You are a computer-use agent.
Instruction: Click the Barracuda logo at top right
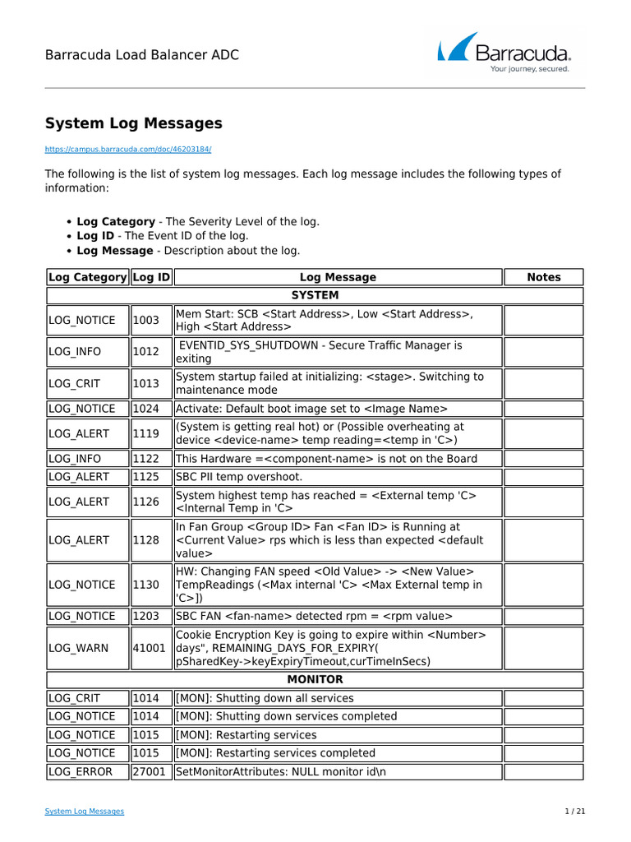point(504,53)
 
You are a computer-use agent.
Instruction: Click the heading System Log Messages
point(133,123)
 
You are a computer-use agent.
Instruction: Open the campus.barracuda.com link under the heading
point(128,150)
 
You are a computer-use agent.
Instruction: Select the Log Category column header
point(88,277)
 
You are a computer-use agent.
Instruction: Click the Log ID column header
point(151,277)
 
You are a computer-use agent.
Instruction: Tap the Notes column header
point(543,277)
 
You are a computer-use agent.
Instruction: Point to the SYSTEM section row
point(315,295)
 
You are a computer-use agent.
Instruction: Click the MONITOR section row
point(315,680)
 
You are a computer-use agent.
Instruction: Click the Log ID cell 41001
point(150,648)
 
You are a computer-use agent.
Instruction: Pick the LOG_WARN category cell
point(78,648)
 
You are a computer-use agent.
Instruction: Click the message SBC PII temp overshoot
point(239,477)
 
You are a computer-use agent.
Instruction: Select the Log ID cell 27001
point(150,771)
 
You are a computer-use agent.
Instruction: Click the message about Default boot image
point(312,409)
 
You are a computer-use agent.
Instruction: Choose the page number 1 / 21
point(574,812)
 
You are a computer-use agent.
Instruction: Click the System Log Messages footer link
point(85,812)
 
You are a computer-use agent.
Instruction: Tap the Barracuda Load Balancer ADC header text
point(142,55)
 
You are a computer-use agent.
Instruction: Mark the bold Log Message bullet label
point(115,250)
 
